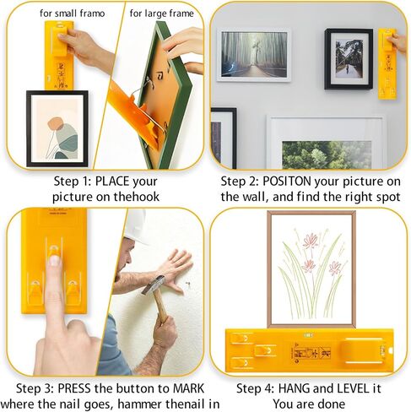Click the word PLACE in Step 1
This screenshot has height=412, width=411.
111,182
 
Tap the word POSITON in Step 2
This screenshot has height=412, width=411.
286,182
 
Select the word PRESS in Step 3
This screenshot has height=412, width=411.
74,388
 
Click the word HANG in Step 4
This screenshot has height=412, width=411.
294,388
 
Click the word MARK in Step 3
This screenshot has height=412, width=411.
188,388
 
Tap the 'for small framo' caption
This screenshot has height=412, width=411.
72,14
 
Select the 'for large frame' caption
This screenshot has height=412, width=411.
161,14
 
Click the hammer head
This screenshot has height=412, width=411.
154,285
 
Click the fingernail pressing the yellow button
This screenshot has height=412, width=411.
54,261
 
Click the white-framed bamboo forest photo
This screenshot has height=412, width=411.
254,55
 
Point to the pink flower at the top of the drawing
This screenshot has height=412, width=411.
311,241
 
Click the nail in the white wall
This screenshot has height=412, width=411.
188,285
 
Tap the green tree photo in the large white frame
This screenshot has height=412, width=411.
327,154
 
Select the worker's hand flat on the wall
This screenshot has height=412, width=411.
176,270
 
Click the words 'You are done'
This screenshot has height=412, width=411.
309,404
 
